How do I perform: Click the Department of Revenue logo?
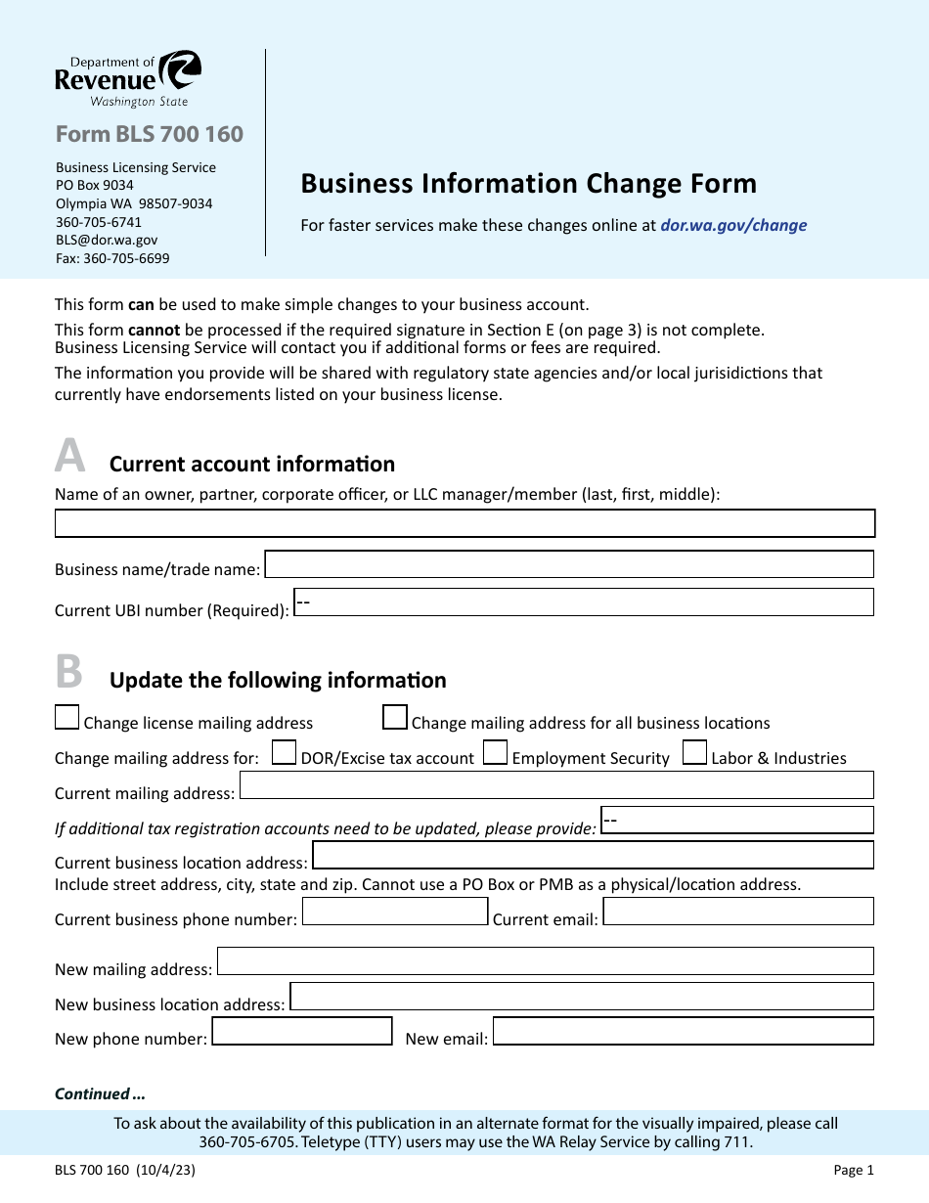(128, 78)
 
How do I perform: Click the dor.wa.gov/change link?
(733, 225)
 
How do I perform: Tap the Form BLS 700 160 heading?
(149, 134)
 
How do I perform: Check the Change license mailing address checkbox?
(66, 718)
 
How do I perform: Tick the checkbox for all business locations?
(395, 718)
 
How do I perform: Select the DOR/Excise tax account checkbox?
(284, 752)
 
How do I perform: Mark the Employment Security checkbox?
(496, 752)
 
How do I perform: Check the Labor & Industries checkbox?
(695, 752)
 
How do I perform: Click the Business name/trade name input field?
(568, 564)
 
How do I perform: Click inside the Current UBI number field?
(584, 601)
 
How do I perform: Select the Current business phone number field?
(394, 912)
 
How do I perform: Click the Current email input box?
(738, 912)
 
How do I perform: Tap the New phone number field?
(302, 1032)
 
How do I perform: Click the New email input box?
(683, 1032)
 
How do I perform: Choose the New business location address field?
(581, 997)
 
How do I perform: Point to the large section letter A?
(69, 456)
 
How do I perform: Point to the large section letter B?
(68, 672)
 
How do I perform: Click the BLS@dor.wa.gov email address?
(107, 240)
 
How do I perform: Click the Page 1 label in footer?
(854, 1170)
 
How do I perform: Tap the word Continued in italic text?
(93, 1093)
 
